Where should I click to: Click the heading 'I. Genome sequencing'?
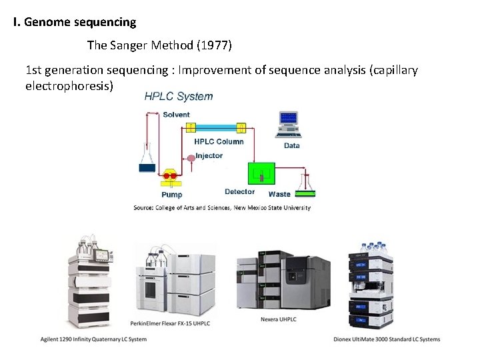75,22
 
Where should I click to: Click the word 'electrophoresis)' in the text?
69,87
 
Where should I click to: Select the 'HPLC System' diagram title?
179,97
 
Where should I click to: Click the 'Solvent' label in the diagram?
176,115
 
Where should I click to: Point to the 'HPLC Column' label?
219,141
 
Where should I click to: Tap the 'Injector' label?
209,156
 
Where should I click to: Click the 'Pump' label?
171,195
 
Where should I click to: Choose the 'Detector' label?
239,192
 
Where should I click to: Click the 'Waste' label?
279,194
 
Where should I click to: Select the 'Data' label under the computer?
291,145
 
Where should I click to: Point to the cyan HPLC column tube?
216,127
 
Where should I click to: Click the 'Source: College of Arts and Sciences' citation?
222,208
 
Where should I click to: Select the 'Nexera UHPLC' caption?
278,319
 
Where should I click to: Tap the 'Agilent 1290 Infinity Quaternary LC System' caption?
93,339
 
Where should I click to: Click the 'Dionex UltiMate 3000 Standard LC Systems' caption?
387,339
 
